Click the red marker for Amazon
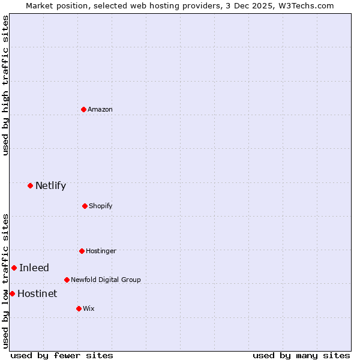[84, 109]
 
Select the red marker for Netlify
[30, 185]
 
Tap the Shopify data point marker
[85, 206]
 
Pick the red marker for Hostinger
[82, 251]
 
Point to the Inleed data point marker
[14, 268]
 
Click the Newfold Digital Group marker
[67, 280]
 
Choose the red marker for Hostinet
[12, 293]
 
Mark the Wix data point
[79, 308]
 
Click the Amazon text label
[100, 109]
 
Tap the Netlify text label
[50, 185]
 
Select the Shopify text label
[101, 206]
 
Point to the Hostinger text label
[101, 251]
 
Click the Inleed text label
[34, 268]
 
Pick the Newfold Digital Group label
[106, 280]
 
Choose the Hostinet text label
[37, 293]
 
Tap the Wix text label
[89, 308]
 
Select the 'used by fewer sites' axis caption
[62, 355]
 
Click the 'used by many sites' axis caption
[301, 355]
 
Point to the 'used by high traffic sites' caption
[5, 85]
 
